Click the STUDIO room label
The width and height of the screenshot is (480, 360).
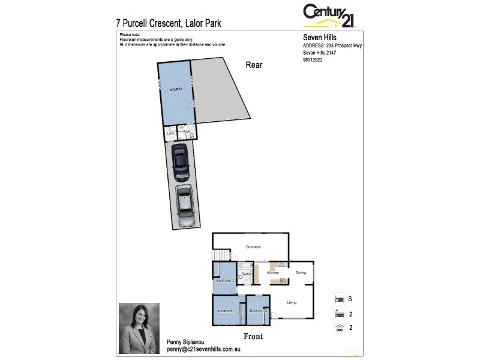point(175,89)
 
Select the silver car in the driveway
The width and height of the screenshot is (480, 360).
point(185,205)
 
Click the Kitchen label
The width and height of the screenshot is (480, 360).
point(274,273)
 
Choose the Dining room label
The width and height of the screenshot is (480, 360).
point(301,273)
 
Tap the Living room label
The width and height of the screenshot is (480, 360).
point(292,302)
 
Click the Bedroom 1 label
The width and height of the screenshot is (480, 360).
point(226,311)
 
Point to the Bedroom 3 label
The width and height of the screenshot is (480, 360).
point(224,281)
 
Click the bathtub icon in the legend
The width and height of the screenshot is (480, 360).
point(339,313)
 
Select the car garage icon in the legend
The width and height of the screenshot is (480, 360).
point(339,328)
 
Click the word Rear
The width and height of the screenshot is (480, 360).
point(254,65)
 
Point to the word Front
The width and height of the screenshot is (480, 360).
point(254,337)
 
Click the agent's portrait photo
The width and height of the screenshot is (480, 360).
point(139,328)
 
